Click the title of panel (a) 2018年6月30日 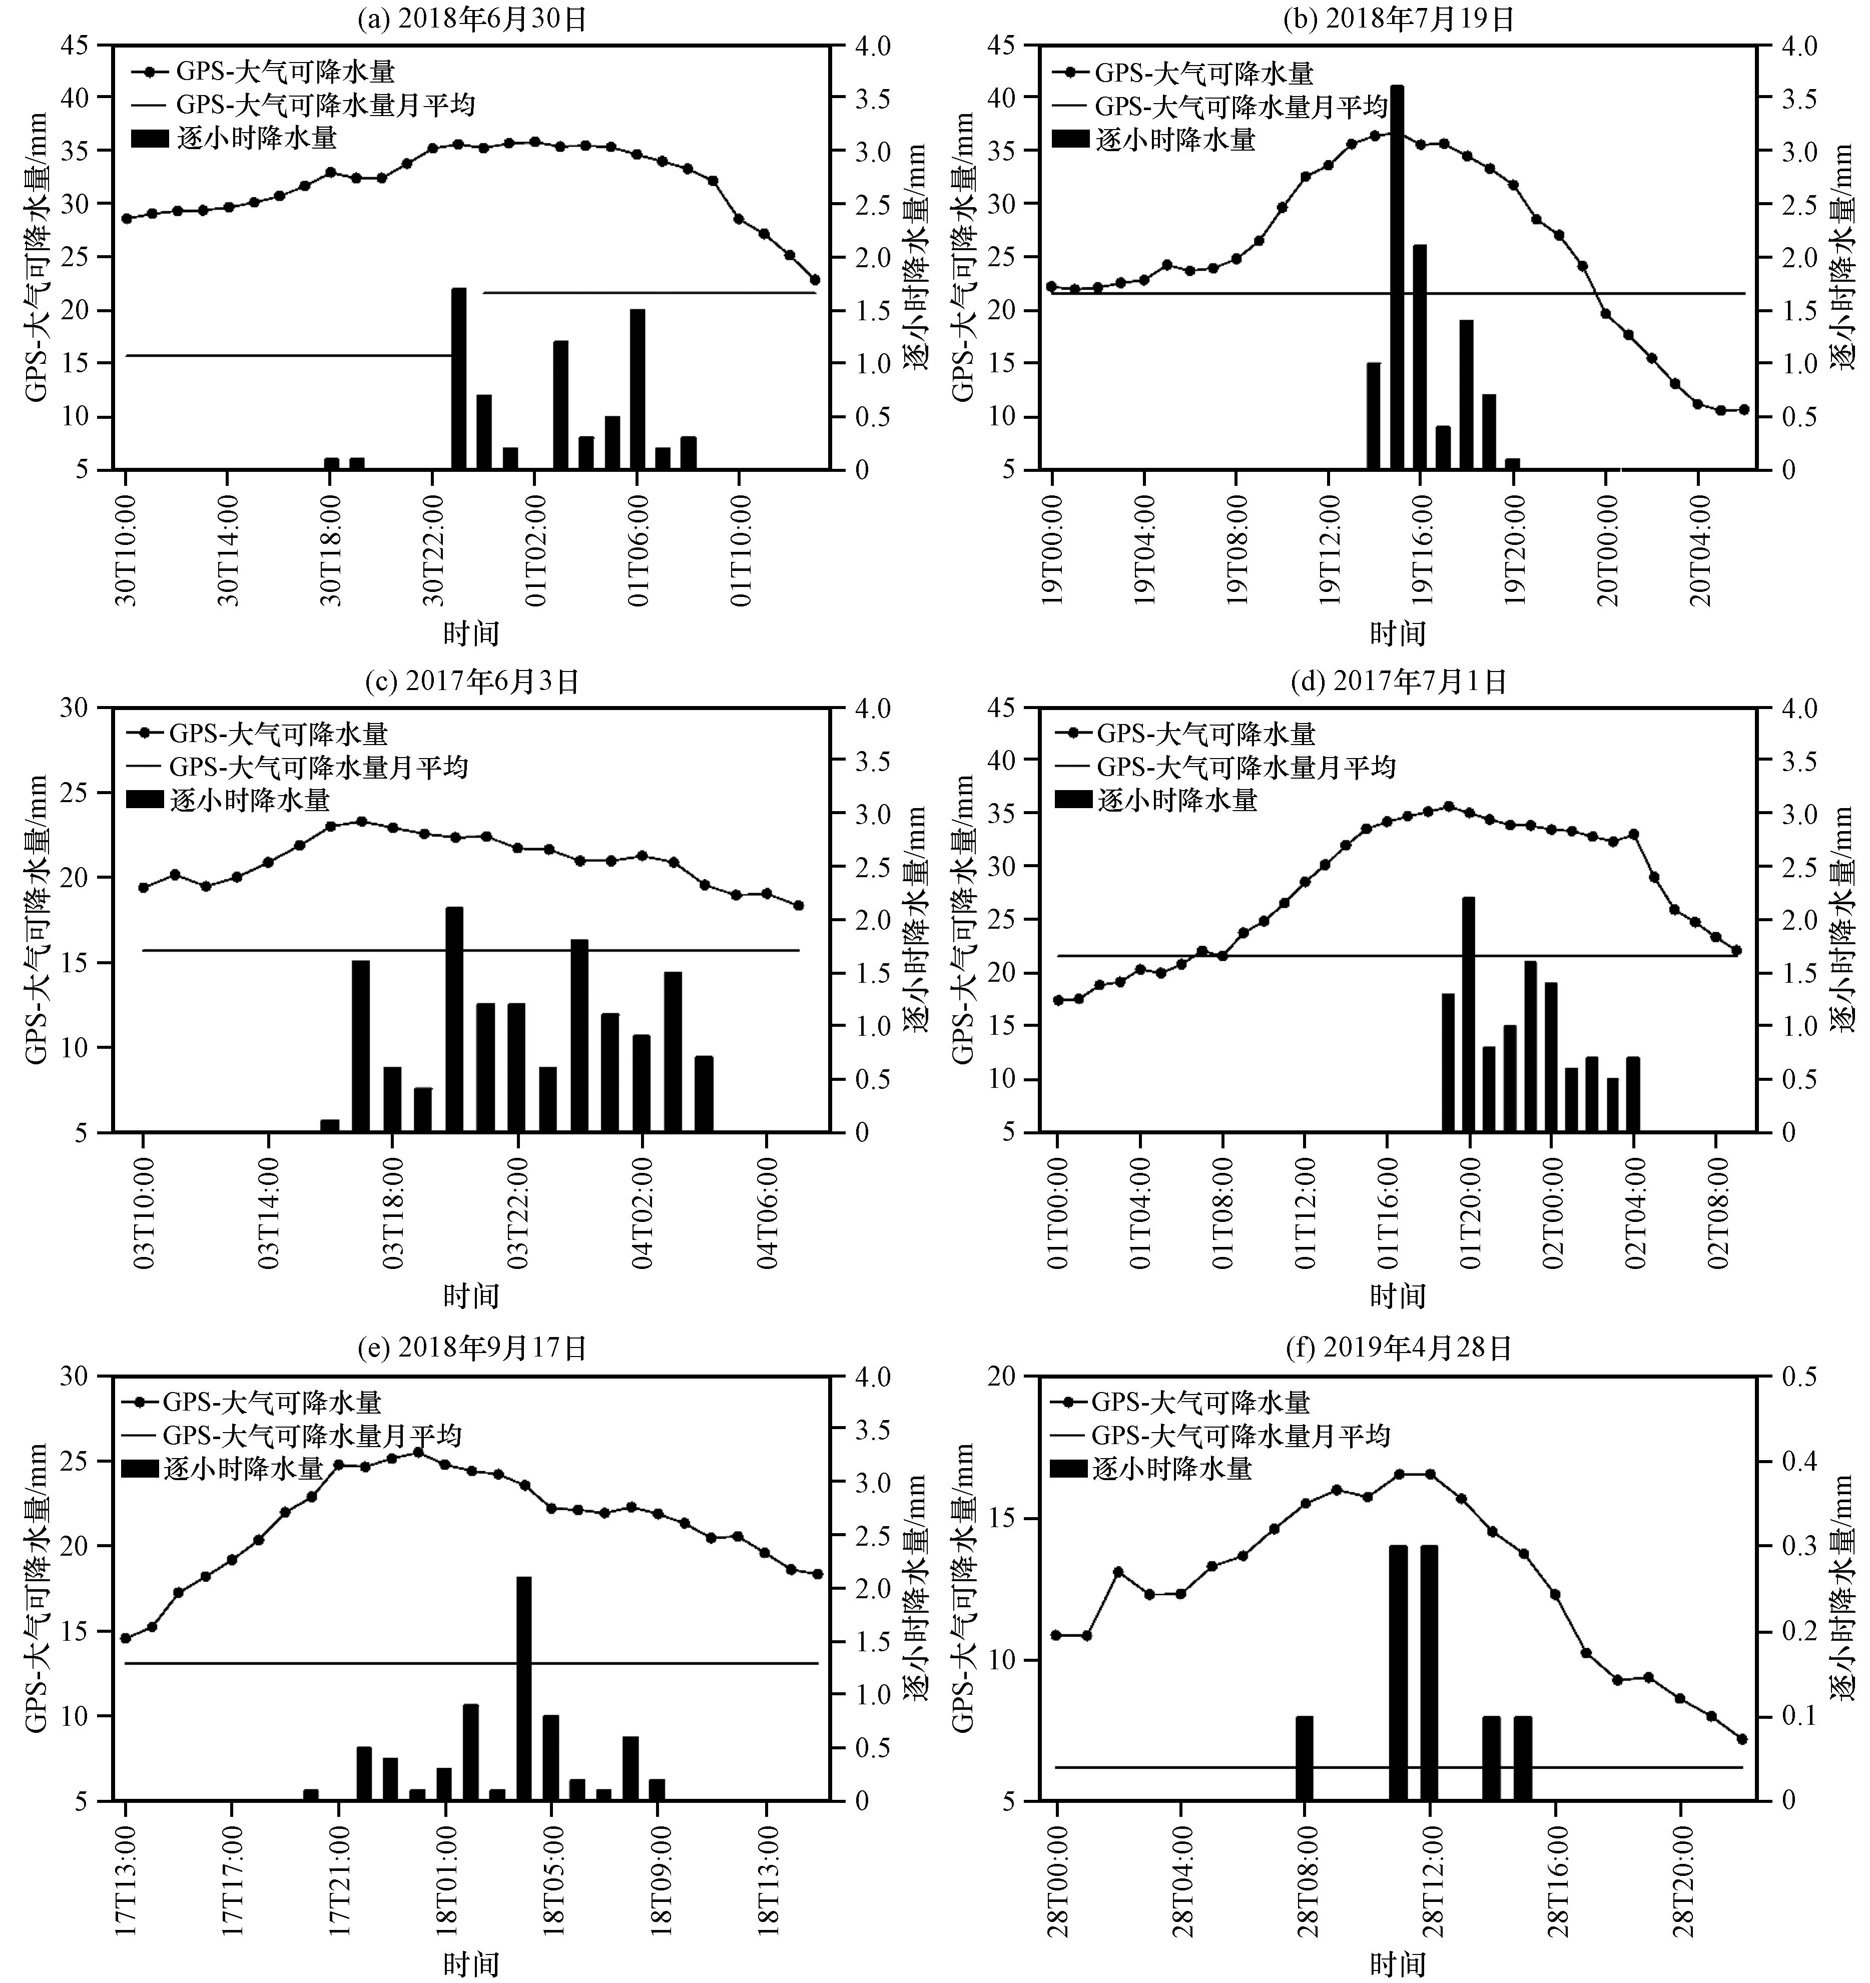coord(472,19)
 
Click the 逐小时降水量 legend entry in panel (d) coord(1177,800)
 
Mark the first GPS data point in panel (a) coord(127,219)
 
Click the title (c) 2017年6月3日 coord(472,682)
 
